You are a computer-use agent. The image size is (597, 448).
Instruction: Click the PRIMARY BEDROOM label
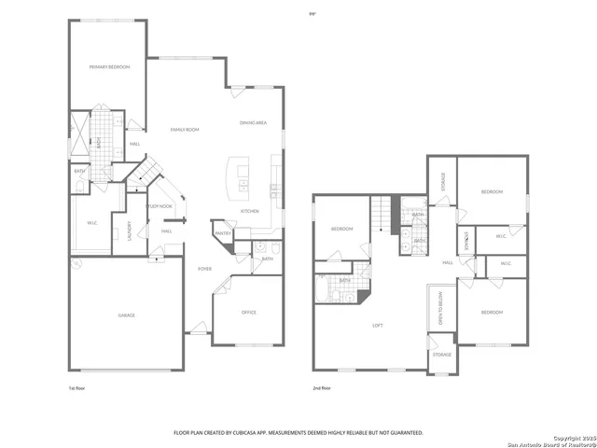(109, 67)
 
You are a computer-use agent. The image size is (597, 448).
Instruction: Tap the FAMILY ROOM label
(184, 129)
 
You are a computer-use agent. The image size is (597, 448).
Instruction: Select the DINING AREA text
(254, 122)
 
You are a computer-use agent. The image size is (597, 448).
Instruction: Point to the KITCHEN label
(250, 211)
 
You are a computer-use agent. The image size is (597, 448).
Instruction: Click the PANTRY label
(222, 233)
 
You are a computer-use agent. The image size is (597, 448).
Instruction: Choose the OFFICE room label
(249, 312)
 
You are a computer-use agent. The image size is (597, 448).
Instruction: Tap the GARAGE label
(126, 315)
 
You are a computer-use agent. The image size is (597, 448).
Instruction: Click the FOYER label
(204, 269)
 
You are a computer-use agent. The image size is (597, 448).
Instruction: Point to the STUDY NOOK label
(160, 206)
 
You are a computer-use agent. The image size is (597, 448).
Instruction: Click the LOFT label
(378, 325)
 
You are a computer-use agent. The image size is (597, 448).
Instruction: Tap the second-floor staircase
(381, 214)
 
